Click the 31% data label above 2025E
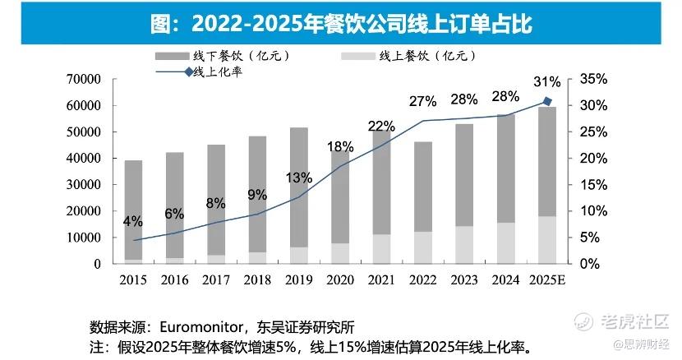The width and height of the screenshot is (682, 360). point(546,81)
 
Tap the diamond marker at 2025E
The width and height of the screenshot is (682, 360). point(547,102)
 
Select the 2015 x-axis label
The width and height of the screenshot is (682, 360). point(135,280)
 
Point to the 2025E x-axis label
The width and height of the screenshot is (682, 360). point(547,280)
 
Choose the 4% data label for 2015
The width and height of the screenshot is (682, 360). point(133,221)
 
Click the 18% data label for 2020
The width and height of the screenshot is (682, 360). point(340,146)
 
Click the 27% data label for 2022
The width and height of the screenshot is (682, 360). point(422,101)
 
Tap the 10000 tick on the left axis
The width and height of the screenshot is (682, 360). point(83,238)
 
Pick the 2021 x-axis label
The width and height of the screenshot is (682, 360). point(381,280)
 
